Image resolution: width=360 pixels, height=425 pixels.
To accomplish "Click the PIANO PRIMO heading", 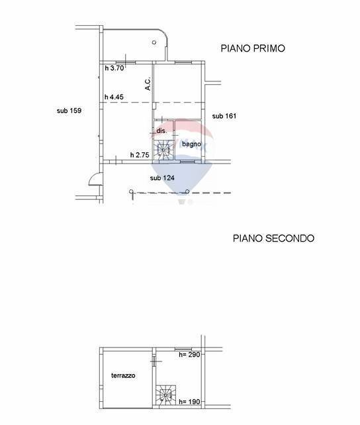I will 252,48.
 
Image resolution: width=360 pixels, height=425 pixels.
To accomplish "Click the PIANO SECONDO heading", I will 273,238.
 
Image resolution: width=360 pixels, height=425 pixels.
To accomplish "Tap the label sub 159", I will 69,111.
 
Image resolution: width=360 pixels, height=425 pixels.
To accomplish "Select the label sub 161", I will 224,116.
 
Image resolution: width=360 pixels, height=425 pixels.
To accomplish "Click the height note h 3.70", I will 114,68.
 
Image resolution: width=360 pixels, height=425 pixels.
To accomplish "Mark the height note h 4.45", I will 114,97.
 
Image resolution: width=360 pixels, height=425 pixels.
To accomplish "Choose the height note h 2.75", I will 140,155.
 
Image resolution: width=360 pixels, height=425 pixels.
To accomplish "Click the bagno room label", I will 191,144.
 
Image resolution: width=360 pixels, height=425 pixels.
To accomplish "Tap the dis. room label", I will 161,131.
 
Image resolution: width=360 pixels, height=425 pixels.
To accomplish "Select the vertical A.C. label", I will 148,84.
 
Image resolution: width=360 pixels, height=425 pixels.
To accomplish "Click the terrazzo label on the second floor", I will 123,375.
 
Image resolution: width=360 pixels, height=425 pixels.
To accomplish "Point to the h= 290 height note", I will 190,355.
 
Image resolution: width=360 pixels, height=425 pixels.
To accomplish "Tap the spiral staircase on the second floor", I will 165,396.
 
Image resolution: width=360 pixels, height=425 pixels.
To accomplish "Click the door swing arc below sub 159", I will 95,179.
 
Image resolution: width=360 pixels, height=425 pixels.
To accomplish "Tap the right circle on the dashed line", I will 188,192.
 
